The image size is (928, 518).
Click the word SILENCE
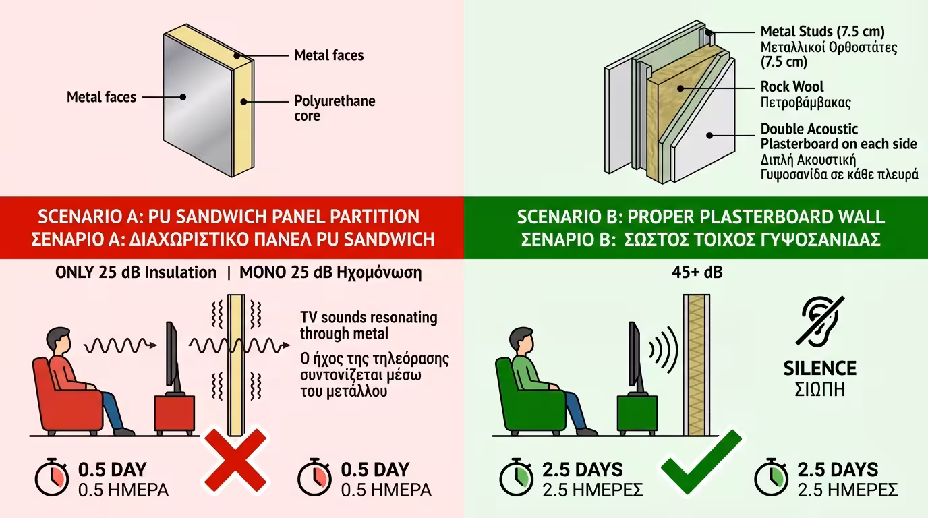click(819, 369)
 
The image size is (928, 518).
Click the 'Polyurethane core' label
click(334, 109)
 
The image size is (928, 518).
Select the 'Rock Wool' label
click(792, 87)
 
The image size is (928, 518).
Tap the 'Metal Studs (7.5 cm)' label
click(822, 31)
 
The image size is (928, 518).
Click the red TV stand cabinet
click(174, 416)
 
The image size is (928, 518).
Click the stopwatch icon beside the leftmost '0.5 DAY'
click(52, 477)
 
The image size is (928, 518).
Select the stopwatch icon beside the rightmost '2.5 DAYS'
click(771, 477)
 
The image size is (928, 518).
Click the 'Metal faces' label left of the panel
click(101, 97)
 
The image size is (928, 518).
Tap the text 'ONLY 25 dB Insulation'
click(136, 272)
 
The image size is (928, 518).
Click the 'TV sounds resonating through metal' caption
click(368, 325)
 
